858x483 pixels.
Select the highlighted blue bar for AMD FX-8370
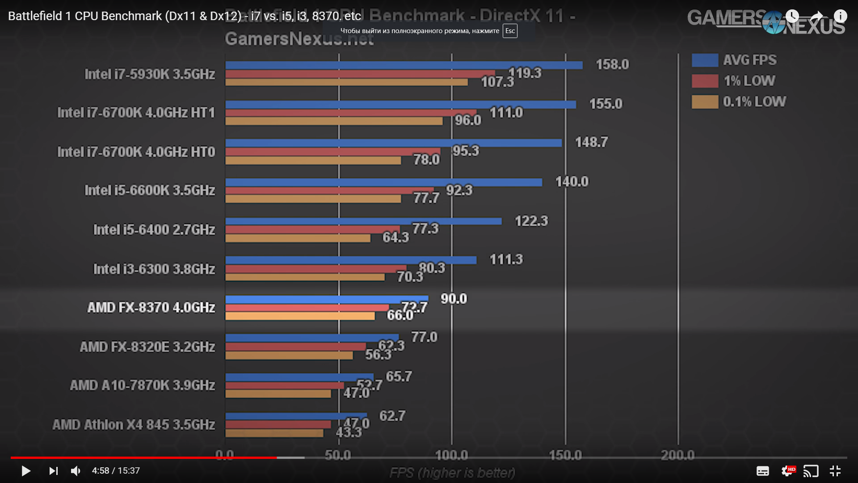(327, 299)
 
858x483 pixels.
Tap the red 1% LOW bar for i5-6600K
(329, 191)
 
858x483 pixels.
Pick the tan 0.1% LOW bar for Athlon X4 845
(274, 433)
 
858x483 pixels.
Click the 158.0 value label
(612, 64)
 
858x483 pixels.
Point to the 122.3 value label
(531, 221)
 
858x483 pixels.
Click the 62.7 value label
(392, 416)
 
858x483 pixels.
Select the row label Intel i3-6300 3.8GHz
(154, 269)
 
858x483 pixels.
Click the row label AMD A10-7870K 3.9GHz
(142, 385)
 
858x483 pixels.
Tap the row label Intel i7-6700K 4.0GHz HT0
(136, 152)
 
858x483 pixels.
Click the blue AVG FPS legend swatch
(705, 60)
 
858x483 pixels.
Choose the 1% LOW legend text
(749, 81)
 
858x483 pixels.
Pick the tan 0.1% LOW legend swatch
(705, 102)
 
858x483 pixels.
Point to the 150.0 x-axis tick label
(565, 455)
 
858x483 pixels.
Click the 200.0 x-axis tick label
(677, 455)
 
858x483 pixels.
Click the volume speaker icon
(76, 471)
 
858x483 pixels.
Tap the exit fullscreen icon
(835, 471)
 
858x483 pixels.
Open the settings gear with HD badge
(787, 471)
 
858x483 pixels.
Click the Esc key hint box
(510, 31)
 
